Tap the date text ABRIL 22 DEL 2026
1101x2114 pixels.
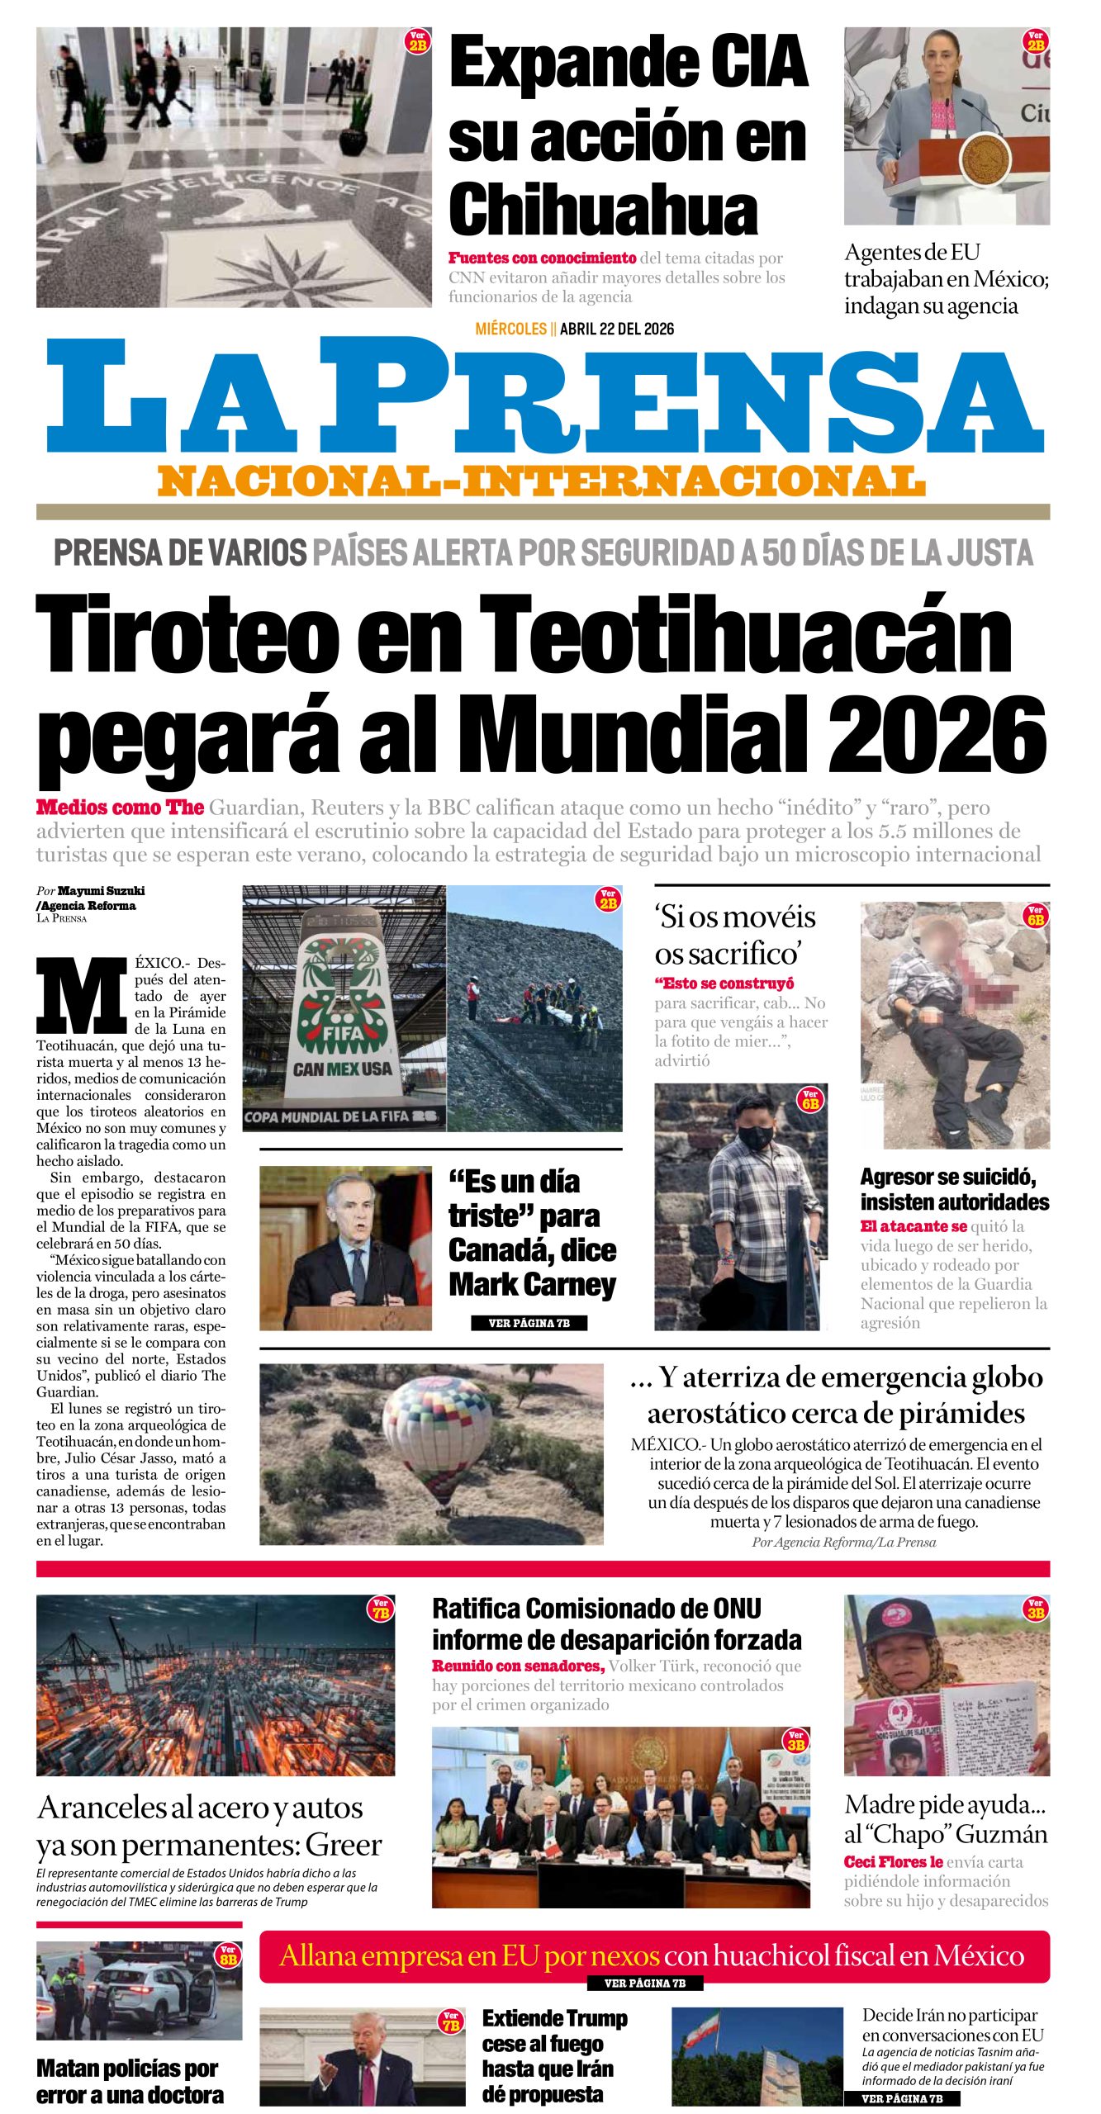(x=617, y=329)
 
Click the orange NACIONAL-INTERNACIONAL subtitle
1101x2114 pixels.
(x=541, y=481)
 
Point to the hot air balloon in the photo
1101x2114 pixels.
(x=438, y=1434)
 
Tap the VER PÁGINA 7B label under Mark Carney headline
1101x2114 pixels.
(x=529, y=1323)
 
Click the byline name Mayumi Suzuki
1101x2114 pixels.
(x=101, y=890)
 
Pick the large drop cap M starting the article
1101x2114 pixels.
(x=81, y=995)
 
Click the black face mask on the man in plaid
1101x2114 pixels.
(x=754, y=1135)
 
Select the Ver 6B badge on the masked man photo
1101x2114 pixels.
(x=810, y=1099)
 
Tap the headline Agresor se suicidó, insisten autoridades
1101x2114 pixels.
(x=954, y=1189)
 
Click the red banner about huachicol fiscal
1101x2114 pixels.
(x=653, y=1956)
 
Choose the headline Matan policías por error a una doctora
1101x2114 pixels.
(x=130, y=2081)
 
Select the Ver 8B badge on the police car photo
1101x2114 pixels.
(x=228, y=1955)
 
